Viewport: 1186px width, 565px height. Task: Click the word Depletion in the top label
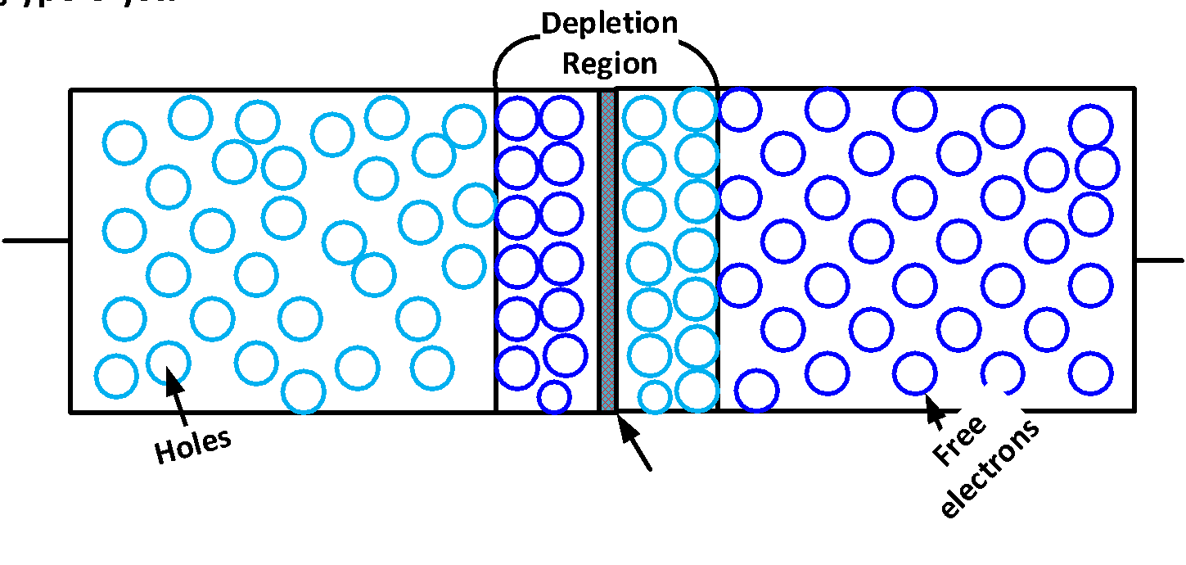(610, 23)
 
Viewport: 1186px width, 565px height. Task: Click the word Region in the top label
(610, 63)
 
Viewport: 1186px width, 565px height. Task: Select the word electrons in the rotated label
(992, 472)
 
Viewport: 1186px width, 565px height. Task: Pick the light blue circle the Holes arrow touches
(168, 360)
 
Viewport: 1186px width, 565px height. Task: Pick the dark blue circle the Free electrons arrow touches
(914, 373)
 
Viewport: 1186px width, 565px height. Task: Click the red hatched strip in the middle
(607, 250)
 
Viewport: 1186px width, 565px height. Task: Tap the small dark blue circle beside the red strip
(554, 396)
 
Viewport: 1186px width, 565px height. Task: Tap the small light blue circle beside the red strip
(655, 396)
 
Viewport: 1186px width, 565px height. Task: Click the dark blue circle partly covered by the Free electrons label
(1003, 372)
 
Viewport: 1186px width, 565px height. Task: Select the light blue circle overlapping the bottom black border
(304, 392)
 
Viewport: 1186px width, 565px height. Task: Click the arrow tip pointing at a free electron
(927, 398)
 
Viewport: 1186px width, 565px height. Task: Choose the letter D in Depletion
(552, 23)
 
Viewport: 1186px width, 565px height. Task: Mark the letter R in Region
(570, 63)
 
